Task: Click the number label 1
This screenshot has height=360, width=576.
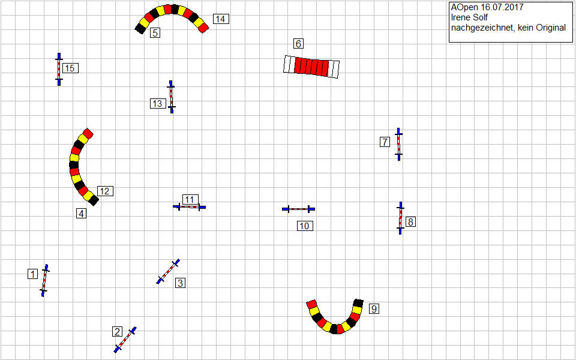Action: click(32, 274)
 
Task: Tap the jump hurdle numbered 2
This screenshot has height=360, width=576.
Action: click(125, 340)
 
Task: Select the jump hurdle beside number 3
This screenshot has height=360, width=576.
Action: click(168, 271)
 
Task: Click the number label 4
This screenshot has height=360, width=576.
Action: click(81, 214)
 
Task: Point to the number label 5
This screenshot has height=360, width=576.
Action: click(155, 33)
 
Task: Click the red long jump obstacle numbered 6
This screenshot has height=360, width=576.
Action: click(311, 67)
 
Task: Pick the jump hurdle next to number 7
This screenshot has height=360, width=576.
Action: click(398, 144)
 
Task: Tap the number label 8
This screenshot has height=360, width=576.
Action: click(410, 221)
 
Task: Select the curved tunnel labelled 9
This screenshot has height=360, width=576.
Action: click(335, 318)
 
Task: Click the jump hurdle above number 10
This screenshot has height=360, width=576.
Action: click(298, 209)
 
